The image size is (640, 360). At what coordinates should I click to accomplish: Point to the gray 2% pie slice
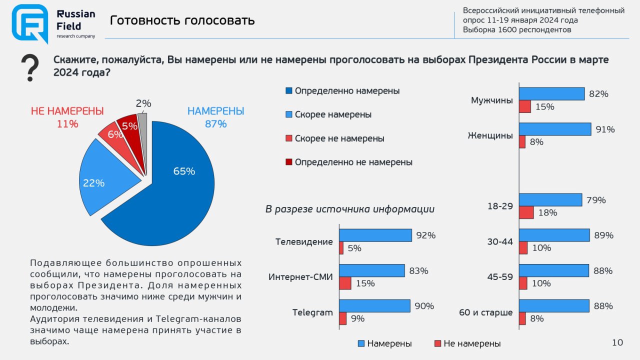[142, 122]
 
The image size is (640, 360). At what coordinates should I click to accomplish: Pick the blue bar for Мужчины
[551, 93]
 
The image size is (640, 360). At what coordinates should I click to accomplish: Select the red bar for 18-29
[526, 212]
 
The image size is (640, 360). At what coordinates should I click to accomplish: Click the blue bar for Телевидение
[375, 235]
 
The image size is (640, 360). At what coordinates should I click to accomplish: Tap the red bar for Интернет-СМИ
[345, 283]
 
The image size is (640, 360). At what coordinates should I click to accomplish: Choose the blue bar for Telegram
[374, 306]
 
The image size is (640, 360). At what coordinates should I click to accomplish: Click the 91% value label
[605, 129]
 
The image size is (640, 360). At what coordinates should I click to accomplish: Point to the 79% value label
[596, 200]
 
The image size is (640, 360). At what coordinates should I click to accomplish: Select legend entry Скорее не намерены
[339, 138]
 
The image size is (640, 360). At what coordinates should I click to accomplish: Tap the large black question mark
[30, 68]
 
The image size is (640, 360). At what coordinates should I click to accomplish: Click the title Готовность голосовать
[182, 20]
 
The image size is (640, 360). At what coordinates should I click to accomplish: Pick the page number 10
[617, 342]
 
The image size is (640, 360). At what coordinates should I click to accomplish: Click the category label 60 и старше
[486, 313]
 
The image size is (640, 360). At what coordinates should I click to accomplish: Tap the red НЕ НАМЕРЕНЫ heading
[67, 111]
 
